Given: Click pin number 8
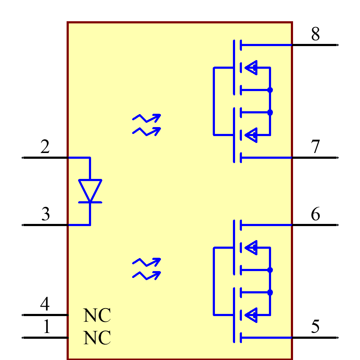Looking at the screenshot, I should [315, 34].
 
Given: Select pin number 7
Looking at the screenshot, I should [315, 147].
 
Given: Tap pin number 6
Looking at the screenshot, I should [315, 214].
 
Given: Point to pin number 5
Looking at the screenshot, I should [315, 327].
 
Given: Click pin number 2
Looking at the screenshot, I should [45, 147].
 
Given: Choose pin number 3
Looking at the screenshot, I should [45, 214].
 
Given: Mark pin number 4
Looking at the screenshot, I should [45, 304].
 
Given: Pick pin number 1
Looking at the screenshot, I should [46, 327].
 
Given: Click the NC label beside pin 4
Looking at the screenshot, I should [97, 316].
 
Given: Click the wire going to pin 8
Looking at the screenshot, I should [266, 45].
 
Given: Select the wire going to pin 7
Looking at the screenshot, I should [266, 158].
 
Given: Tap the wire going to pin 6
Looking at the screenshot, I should [266, 225].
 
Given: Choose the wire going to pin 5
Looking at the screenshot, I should [266, 338].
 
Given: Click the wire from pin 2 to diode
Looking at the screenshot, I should [79, 158].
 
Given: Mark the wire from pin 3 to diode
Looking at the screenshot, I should [79, 225].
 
